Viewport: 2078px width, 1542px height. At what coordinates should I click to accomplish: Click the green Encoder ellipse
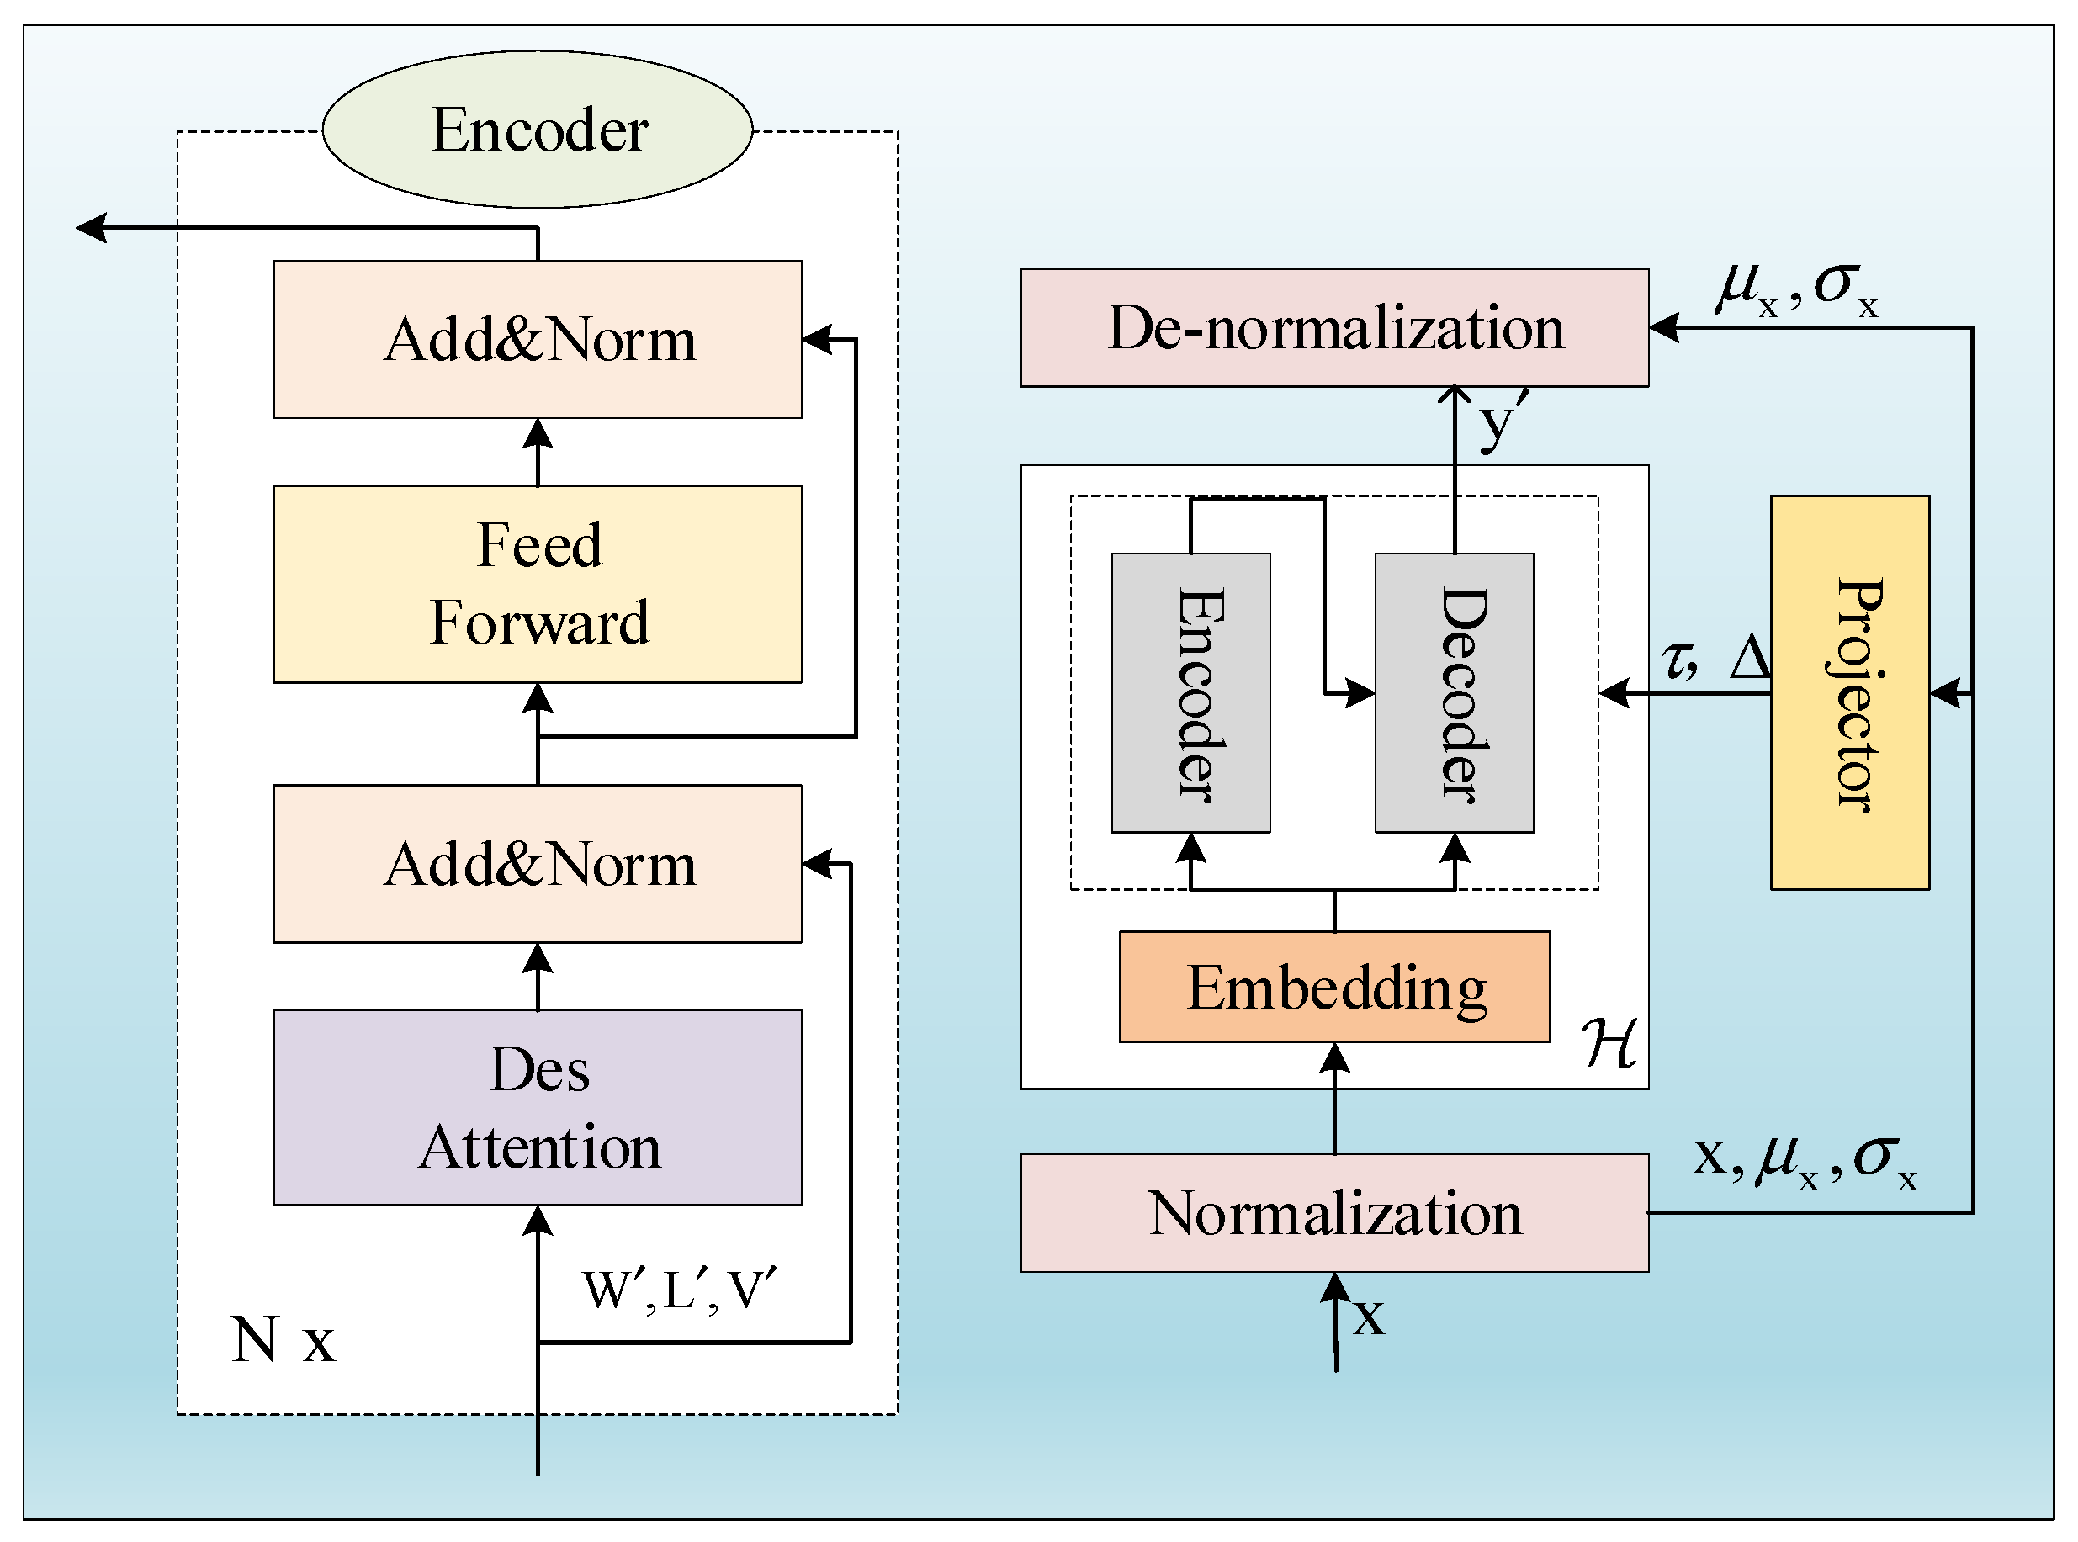pos(538,130)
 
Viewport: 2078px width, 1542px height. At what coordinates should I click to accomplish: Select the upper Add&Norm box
pos(538,340)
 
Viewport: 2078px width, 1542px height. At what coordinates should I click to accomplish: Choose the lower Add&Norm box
pos(538,864)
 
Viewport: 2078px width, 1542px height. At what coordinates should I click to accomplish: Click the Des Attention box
pos(538,1108)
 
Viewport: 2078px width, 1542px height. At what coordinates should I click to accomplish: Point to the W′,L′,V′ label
pos(679,1292)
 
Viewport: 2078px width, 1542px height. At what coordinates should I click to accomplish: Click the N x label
pos(282,1340)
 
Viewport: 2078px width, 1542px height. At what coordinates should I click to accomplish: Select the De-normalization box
pos(1335,327)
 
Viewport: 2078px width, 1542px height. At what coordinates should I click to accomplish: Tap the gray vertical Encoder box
pos(1191,692)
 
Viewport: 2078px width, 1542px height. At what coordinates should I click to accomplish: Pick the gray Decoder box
pos(1455,692)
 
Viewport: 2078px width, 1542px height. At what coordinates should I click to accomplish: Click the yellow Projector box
pos(1850,692)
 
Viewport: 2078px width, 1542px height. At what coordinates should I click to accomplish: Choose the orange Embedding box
pos(1335,988)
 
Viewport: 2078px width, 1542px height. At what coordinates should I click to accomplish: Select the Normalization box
pos(1335,1213)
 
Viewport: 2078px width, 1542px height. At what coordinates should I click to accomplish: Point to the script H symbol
pos(1609,1042)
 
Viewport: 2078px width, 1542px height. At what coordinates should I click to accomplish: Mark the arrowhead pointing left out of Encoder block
pos(92,228)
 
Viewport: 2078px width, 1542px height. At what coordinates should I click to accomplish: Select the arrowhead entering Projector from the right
pos(1945,693)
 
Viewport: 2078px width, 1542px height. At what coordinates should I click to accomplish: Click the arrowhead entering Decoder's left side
pos(1360,693)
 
